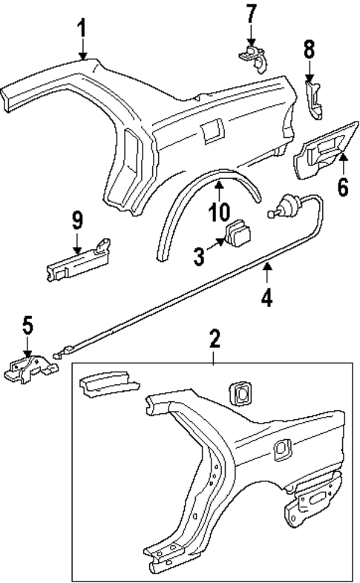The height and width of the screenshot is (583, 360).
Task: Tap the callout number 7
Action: coord(251,14)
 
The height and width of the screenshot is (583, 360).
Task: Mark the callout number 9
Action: coord(77,220)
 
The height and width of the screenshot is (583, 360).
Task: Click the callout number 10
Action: coord(220,212)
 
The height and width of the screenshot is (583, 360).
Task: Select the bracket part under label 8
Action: coord(315,99)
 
